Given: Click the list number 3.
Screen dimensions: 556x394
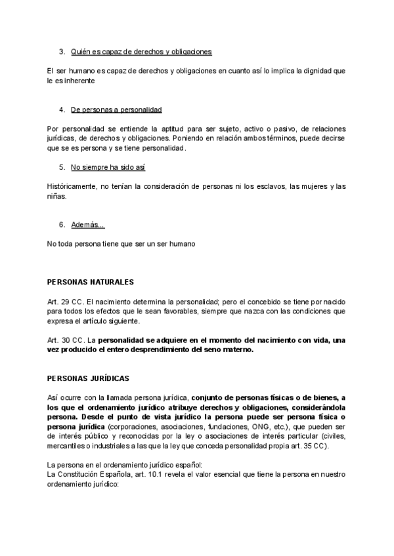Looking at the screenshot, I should (x=61, y=51).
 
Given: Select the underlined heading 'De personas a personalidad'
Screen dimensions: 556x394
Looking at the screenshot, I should (x=116, y=109).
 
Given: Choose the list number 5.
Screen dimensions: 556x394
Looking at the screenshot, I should (x=61, y=167).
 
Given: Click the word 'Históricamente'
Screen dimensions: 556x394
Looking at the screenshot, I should (x=72, y=186).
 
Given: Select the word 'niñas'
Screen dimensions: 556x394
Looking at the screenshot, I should (x=57, y=196).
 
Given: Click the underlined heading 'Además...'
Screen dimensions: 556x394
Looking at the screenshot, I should (x=87, y=225).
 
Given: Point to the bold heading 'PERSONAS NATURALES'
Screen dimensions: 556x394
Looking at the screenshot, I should (x=91, y=282).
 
